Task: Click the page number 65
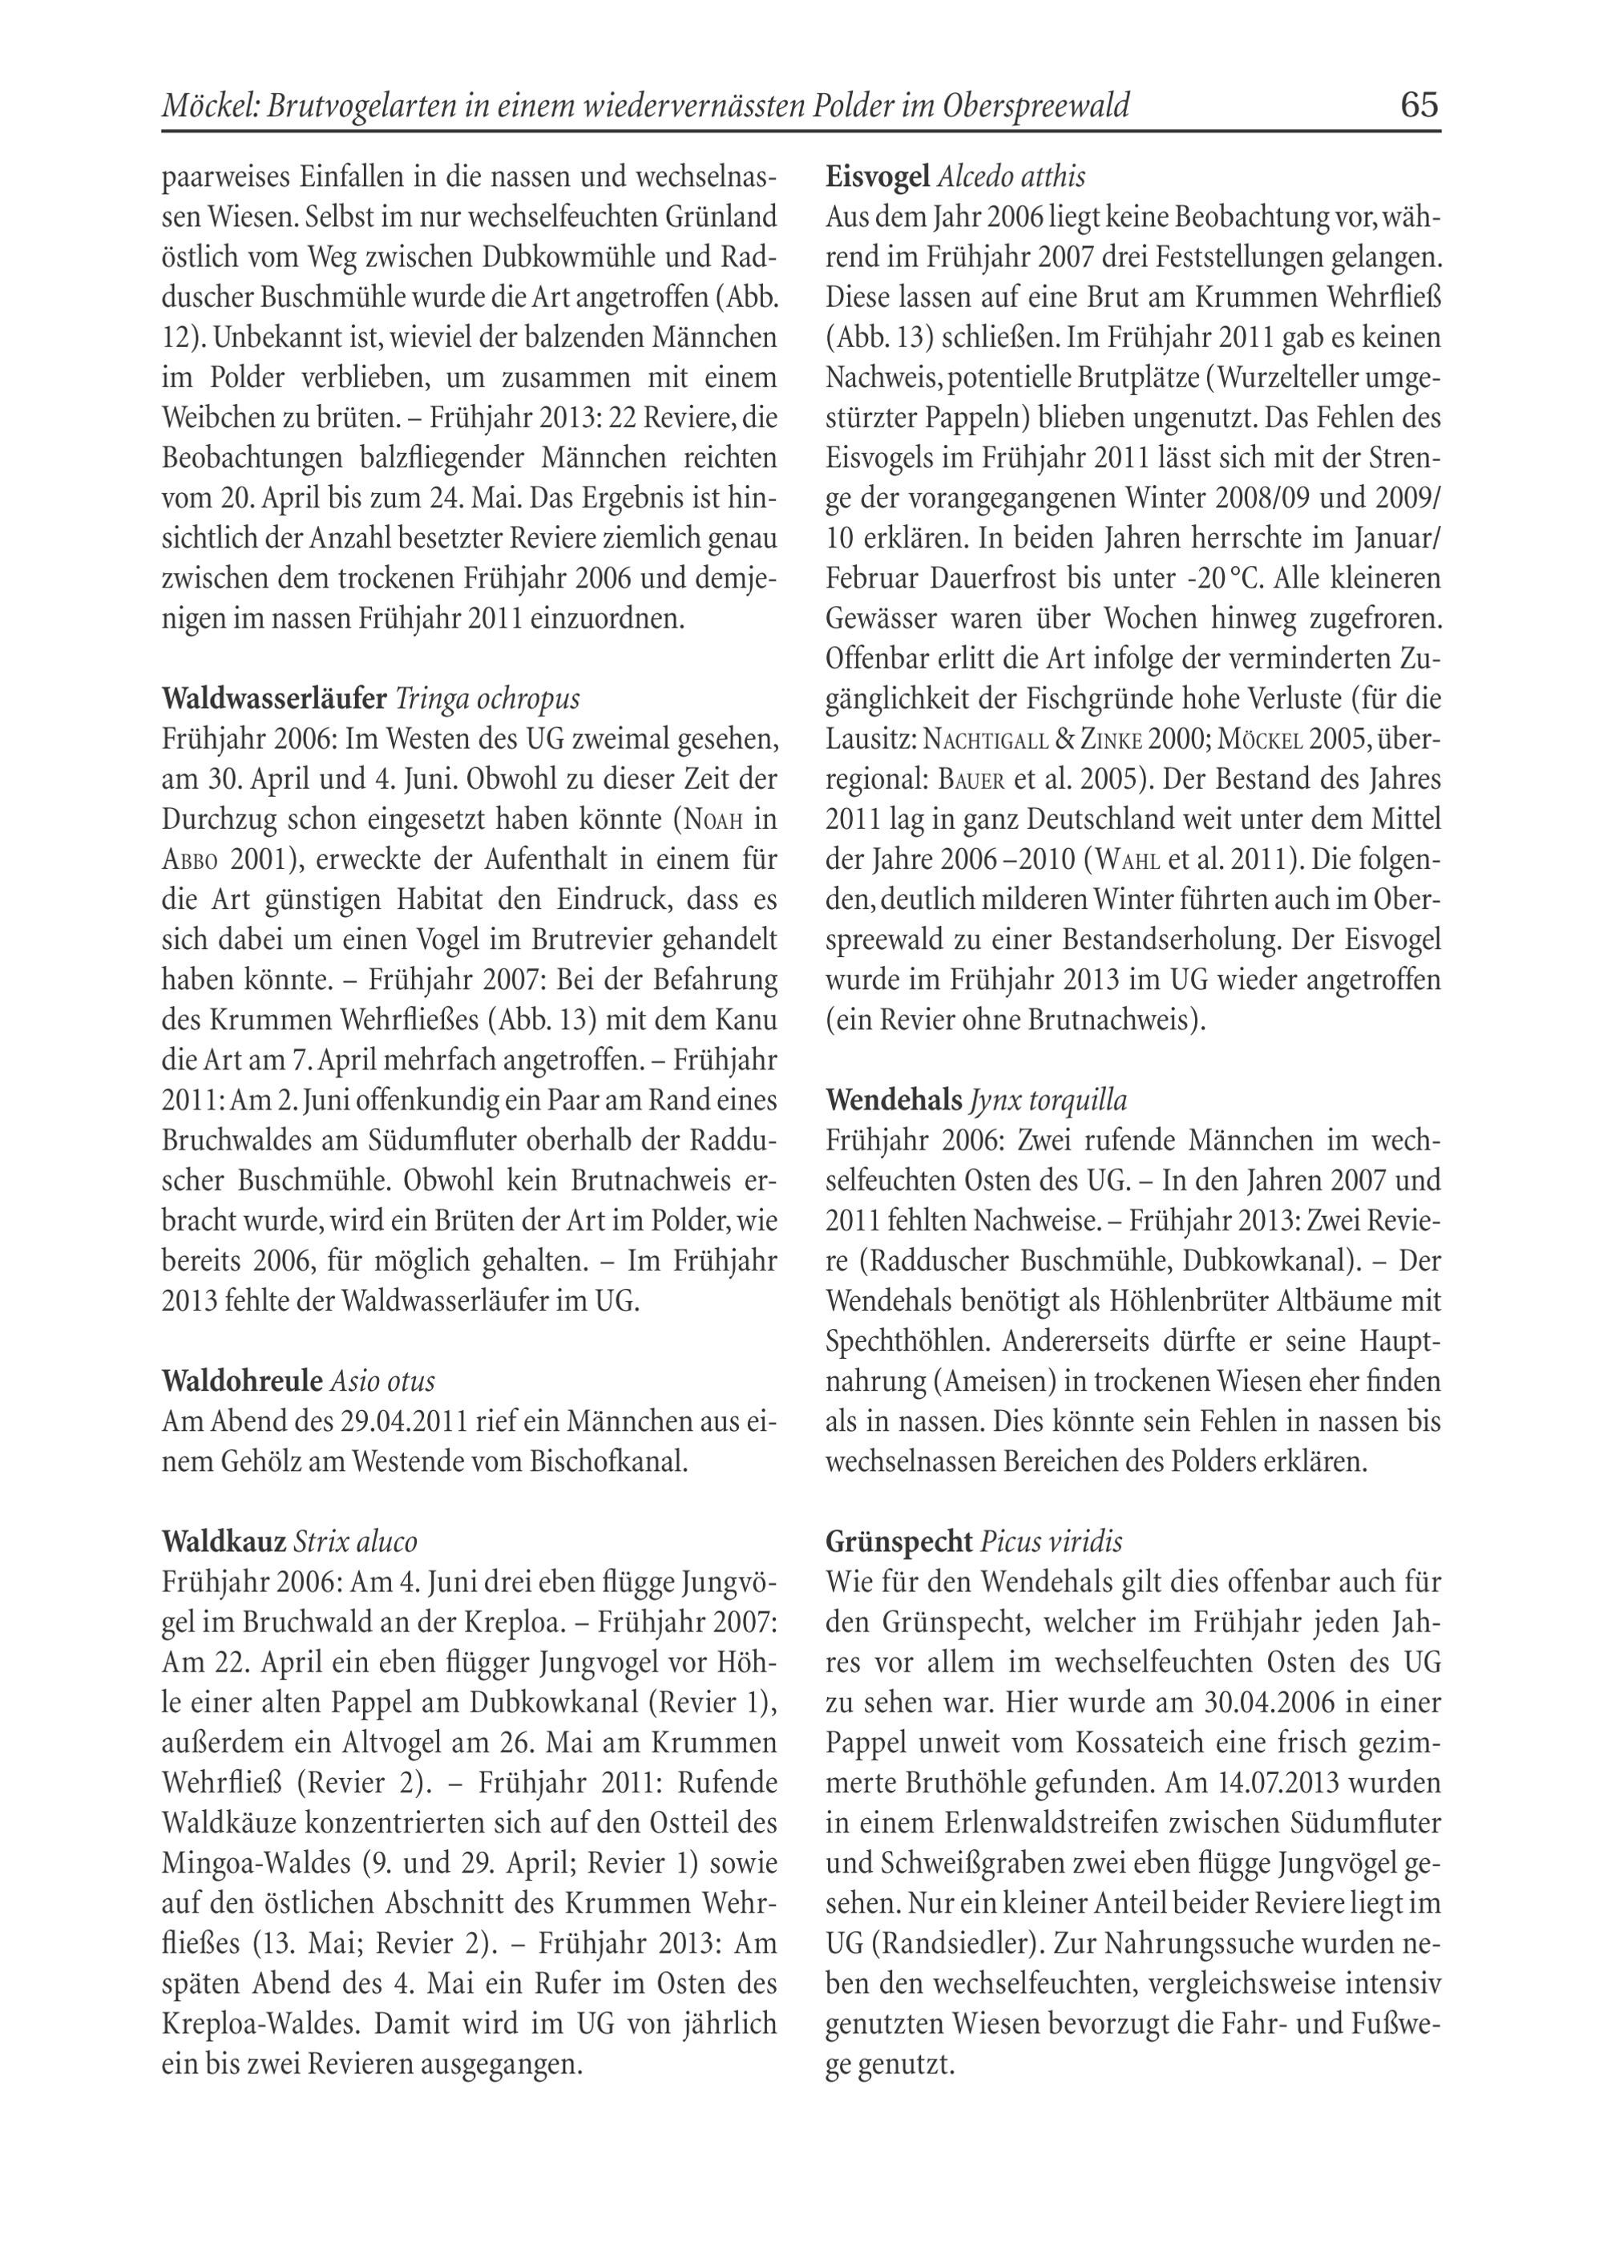click(1419, 105)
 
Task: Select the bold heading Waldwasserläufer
click(273, 699)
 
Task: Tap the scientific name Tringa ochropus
click(487, 699)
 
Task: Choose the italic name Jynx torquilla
click(1048, 1100)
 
